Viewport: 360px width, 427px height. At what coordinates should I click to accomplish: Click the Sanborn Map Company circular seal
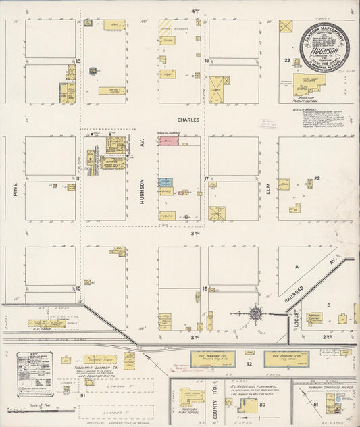(x=324, y=47)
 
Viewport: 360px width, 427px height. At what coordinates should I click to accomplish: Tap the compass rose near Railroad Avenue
(x=256, y=313)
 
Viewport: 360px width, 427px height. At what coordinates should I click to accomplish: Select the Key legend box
(x=36, y=374)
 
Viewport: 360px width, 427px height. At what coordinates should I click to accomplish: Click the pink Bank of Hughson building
(x=169, y=140)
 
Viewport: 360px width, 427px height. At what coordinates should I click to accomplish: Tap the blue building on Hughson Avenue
(x=165, y=182)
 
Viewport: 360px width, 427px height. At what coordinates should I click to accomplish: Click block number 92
(x=249, y=364)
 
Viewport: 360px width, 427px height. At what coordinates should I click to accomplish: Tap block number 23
(x=286, y=61)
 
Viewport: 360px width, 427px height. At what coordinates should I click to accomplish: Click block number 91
(x=82, y=395)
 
